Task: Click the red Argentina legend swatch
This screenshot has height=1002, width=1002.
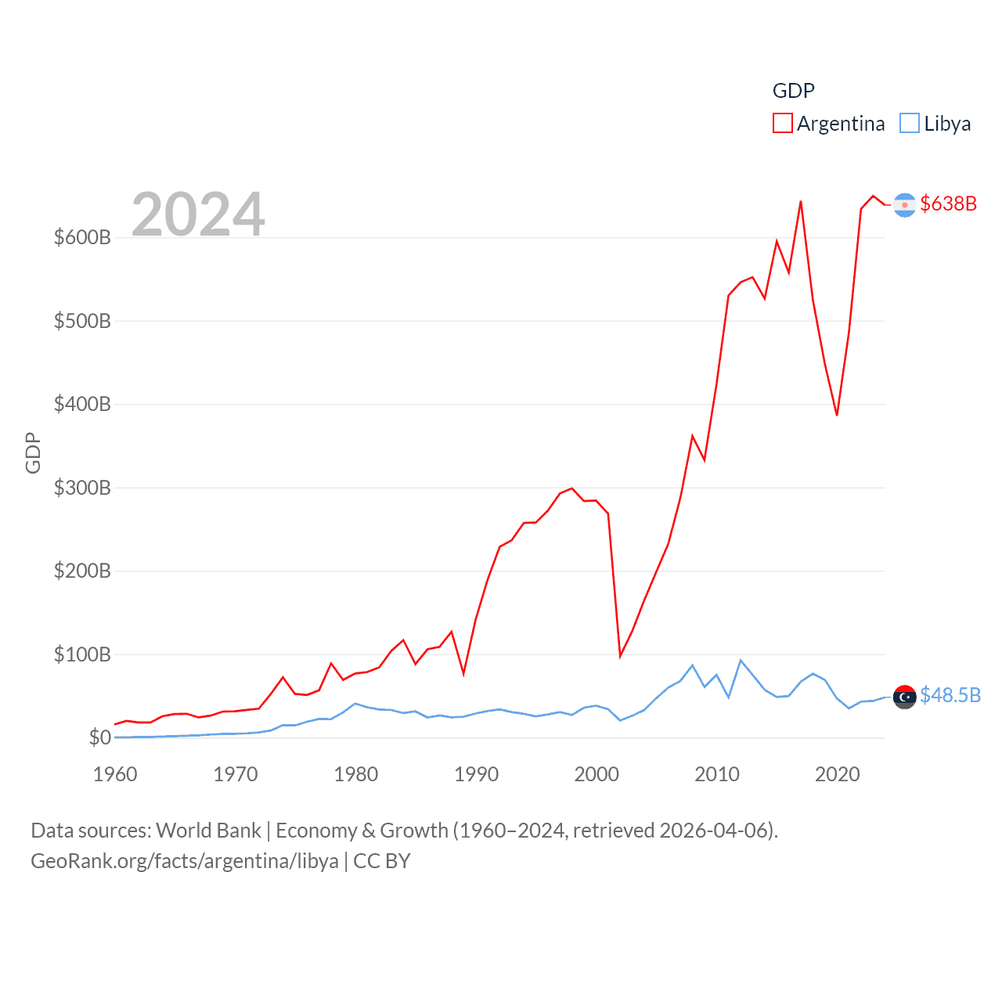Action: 782,124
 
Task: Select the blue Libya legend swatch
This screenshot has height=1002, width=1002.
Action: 909,124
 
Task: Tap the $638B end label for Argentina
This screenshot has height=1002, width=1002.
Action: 948,204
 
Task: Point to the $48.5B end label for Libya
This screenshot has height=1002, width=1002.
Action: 950,695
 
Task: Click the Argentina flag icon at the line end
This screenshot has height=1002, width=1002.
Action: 904,205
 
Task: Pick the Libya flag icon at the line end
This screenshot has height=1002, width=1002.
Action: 904,696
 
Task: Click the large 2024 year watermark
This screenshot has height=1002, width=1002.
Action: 198,214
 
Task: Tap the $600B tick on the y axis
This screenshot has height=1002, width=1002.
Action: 82,237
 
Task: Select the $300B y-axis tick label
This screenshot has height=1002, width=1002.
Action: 82,488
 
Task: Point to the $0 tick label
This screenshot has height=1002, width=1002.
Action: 99,737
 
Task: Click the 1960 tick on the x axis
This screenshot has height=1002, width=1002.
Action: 115,774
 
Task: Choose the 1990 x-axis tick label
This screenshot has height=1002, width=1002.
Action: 476,774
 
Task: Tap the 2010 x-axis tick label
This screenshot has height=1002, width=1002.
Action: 717,774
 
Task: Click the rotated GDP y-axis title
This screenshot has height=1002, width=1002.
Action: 33,452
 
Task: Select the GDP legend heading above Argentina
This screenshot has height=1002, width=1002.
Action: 793,91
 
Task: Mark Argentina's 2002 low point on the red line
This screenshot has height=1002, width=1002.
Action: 620,655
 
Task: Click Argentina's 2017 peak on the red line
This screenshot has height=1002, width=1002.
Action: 801,202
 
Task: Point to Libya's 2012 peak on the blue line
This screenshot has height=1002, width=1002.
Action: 741,661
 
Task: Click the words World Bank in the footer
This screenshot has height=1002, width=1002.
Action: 209,830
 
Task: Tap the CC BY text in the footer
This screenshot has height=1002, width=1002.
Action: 382,861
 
